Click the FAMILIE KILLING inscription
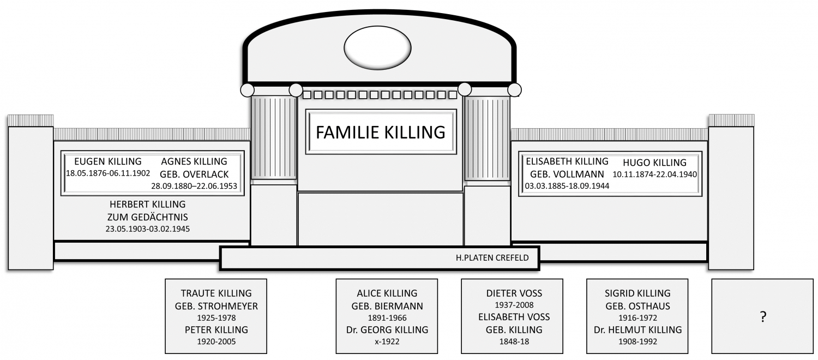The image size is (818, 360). (381, 132)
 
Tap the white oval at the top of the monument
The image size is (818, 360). (377, 48)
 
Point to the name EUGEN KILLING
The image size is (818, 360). (108, 161)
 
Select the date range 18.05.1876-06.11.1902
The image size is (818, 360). (108, 173)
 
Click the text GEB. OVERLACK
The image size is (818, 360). (194, 174)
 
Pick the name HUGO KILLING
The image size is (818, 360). (654, 163)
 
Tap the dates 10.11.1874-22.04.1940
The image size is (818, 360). (654, 174)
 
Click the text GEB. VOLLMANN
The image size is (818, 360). (567, 174)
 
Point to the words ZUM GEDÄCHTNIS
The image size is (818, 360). (148, 217)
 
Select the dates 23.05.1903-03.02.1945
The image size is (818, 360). (148, 229)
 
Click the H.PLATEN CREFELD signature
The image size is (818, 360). (492, 258)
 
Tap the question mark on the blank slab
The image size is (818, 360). (763, 316)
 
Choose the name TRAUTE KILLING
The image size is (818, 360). (216, 293)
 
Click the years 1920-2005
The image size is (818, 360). (216, 341)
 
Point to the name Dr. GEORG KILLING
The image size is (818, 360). (387, 329)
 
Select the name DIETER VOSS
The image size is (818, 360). (514, 293)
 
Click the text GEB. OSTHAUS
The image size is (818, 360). (637, 306)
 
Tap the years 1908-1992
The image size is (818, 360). (637, 341)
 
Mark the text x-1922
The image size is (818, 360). (387, 341)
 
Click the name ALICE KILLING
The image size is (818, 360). (387, 293)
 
